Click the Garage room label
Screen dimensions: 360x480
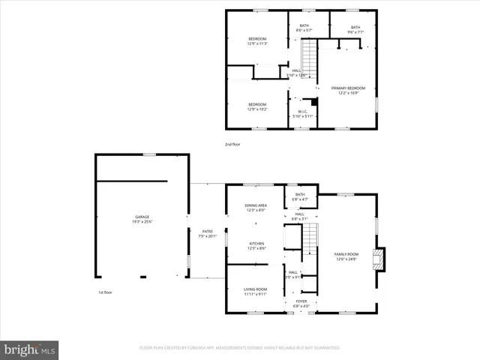pos(142,218)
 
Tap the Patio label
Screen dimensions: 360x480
pos(206,233)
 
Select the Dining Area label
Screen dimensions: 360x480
pos(256,207)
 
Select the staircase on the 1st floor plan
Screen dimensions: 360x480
pos(309,240)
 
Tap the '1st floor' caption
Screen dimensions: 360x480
pos(104,292)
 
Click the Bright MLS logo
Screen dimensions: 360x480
pos(30,349)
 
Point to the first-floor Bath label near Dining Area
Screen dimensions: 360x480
pos(300,196)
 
